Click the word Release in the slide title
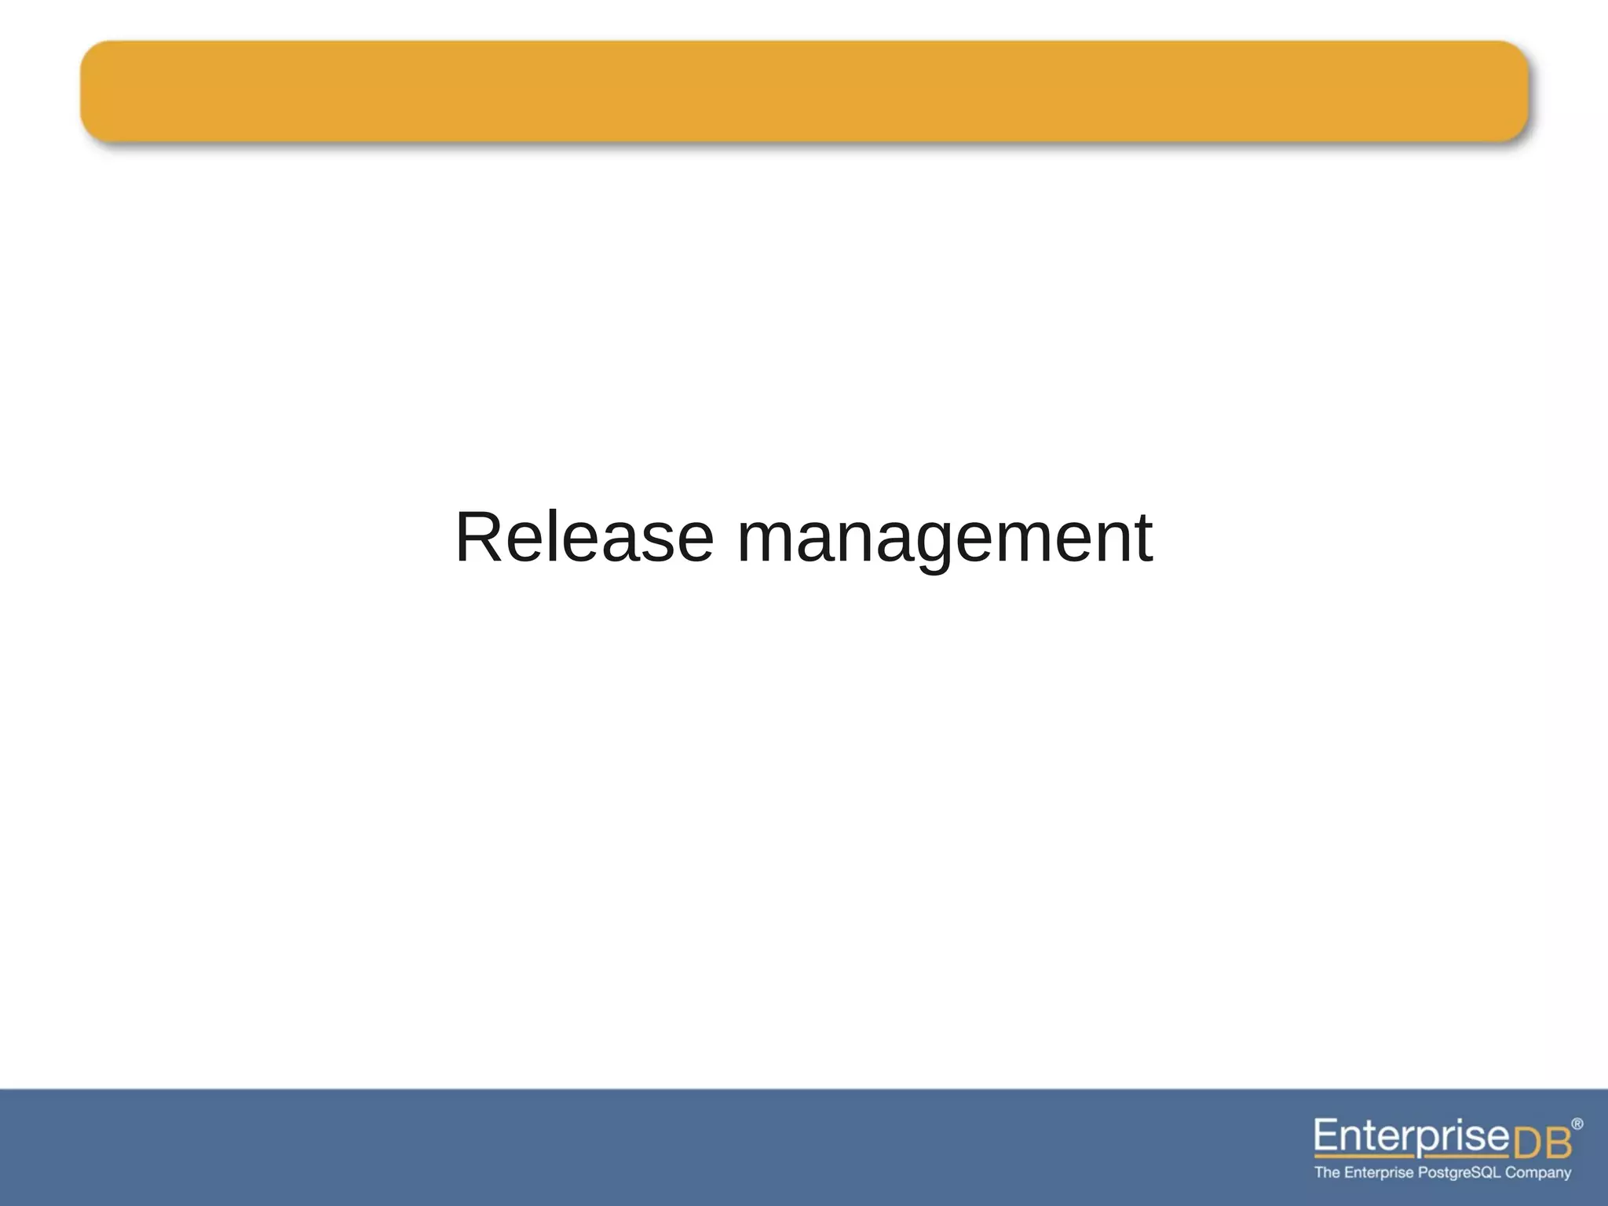(584, 538)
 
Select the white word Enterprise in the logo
(1412, 1136)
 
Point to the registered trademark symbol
(1577, 1124)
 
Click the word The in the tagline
(1327, 1172)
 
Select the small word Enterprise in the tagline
(1379, 1172)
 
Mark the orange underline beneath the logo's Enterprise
(1410, 1156)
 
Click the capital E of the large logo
(1326, 1135)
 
